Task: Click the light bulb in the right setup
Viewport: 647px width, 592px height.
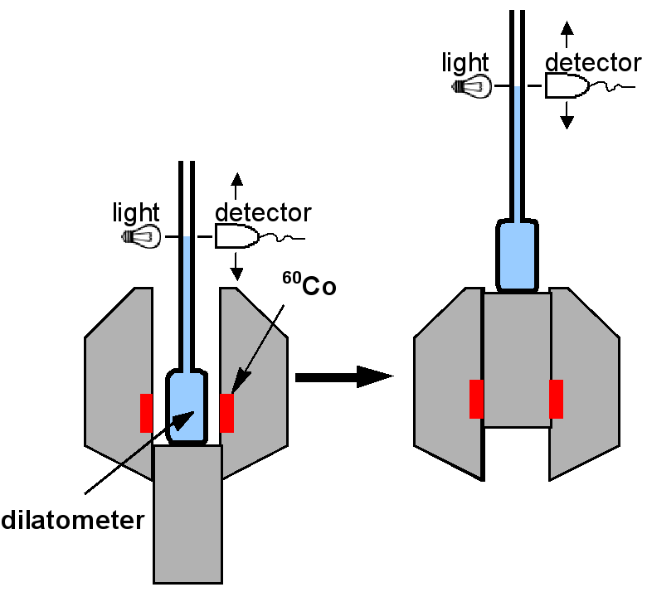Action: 473,86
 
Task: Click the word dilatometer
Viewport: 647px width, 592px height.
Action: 73,521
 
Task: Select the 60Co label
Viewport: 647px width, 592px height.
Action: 309,285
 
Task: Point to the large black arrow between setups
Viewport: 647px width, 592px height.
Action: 343,377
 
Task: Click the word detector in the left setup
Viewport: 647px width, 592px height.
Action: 263,212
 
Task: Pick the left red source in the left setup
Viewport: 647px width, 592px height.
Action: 147,413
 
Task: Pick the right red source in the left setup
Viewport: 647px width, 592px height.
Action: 226,413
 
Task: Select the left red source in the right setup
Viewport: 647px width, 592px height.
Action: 477,399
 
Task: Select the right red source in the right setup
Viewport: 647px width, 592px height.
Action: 556,399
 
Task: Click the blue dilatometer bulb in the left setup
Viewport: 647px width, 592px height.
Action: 187,406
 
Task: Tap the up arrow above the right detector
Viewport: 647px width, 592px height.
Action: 567,33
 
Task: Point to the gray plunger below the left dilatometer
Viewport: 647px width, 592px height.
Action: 187,514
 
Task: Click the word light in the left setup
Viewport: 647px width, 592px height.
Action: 135,212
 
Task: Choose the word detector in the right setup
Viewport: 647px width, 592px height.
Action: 593,62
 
